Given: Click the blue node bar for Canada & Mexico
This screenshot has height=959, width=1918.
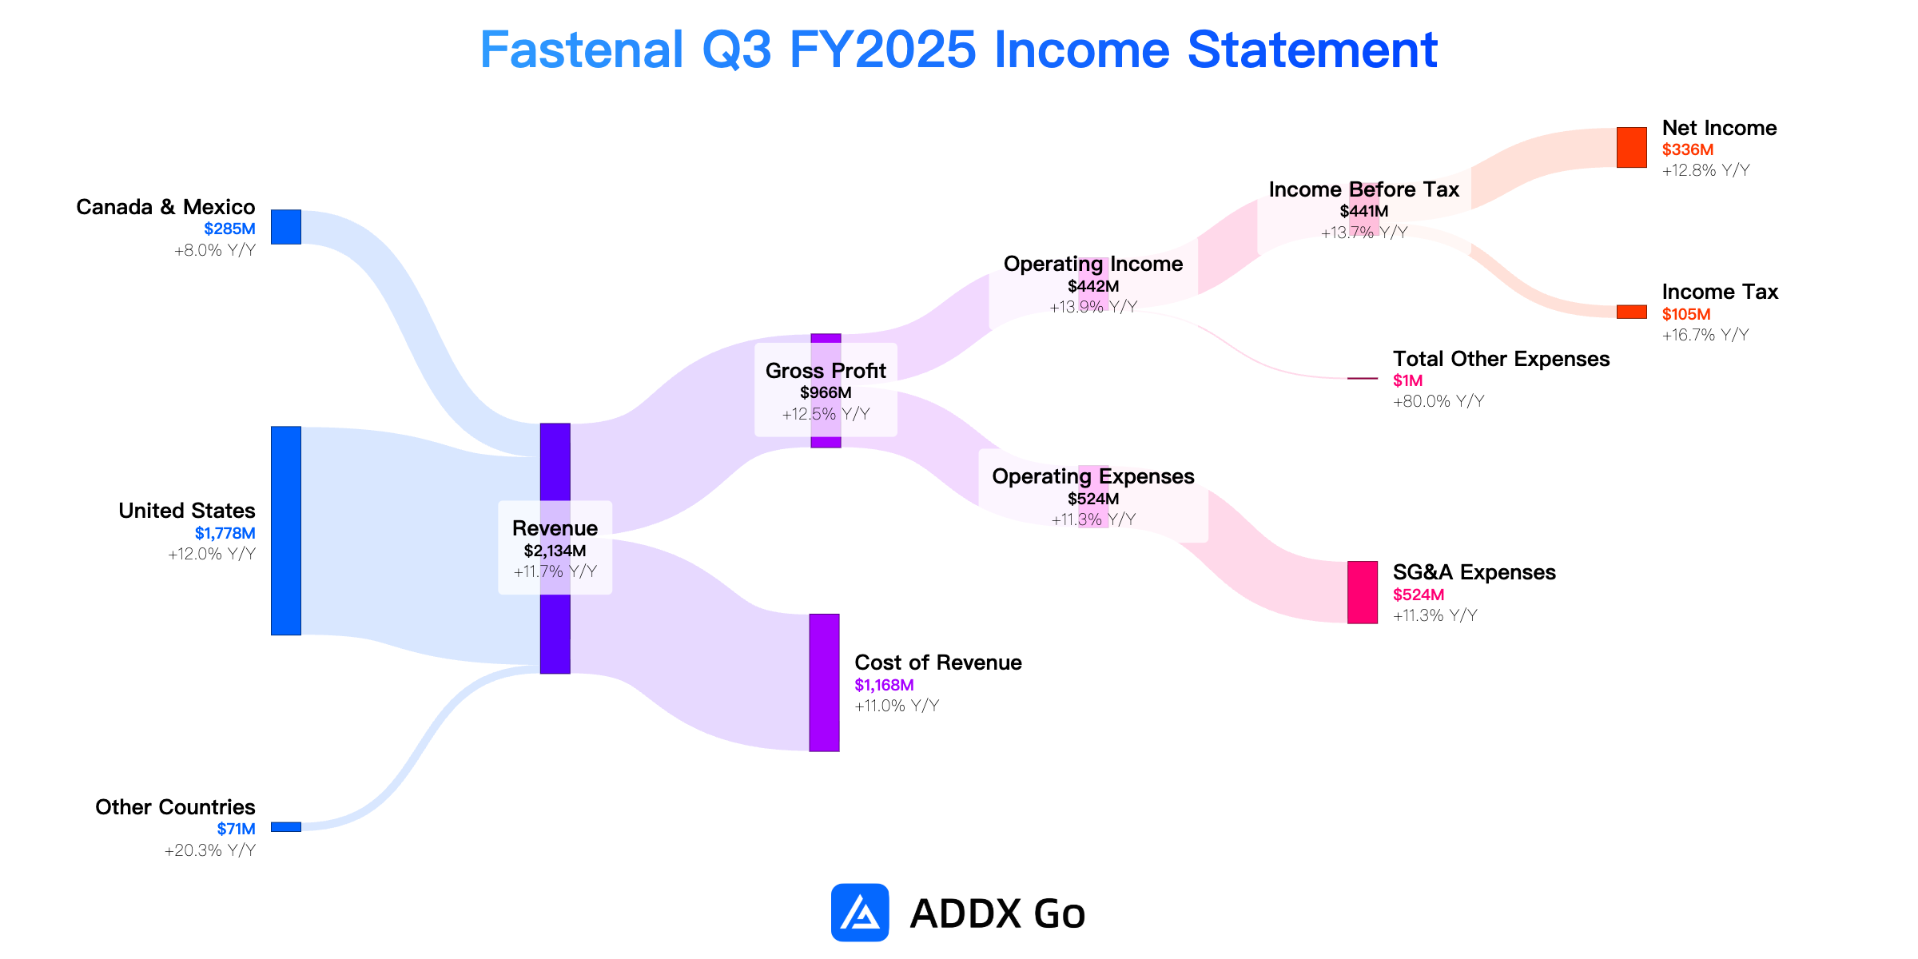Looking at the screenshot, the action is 286,227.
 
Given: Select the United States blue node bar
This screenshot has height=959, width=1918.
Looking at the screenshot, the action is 286,531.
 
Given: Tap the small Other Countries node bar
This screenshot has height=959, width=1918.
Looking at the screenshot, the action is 286,827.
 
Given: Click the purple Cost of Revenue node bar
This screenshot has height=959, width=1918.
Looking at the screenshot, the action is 825,682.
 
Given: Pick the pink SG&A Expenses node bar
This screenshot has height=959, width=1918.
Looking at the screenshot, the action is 1363,592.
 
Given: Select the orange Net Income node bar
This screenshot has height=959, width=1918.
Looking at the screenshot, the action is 1632,148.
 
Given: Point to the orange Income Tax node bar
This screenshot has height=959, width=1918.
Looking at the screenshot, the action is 1632,312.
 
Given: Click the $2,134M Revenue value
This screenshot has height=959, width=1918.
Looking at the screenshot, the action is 555,551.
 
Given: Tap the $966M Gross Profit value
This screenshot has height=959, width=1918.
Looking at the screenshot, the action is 826,392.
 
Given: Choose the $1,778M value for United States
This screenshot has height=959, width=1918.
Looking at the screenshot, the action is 225,533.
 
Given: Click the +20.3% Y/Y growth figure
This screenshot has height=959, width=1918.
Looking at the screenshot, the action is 210,850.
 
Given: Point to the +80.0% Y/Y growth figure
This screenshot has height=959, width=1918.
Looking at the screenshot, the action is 1438,401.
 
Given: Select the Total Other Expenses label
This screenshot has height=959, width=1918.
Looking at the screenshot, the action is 1502,359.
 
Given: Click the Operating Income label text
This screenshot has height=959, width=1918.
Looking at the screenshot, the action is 1093,264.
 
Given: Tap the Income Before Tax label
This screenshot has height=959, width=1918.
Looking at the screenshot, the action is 1364,189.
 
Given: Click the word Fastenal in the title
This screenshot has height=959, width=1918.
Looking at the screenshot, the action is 582,50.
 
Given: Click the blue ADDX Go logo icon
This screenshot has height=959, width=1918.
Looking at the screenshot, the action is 860,913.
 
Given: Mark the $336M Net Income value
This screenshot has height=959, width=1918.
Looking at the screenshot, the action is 1688,149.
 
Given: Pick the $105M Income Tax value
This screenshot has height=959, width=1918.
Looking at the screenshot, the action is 1686,314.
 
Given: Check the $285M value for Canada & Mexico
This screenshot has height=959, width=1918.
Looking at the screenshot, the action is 230,229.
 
